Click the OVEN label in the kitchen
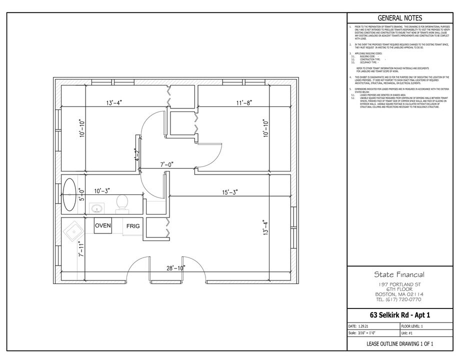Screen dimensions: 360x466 102,226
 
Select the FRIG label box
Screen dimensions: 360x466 132,226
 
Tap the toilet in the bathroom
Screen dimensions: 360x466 121,203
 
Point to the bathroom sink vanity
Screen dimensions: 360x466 96,207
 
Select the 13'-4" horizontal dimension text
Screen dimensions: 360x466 114,103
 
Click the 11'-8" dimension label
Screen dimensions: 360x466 244,103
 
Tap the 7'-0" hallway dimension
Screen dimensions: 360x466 166,164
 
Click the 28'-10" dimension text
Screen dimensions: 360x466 175,268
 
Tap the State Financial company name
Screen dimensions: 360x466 399,274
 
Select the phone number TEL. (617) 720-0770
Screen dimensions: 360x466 399,299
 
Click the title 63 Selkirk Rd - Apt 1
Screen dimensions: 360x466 399,314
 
